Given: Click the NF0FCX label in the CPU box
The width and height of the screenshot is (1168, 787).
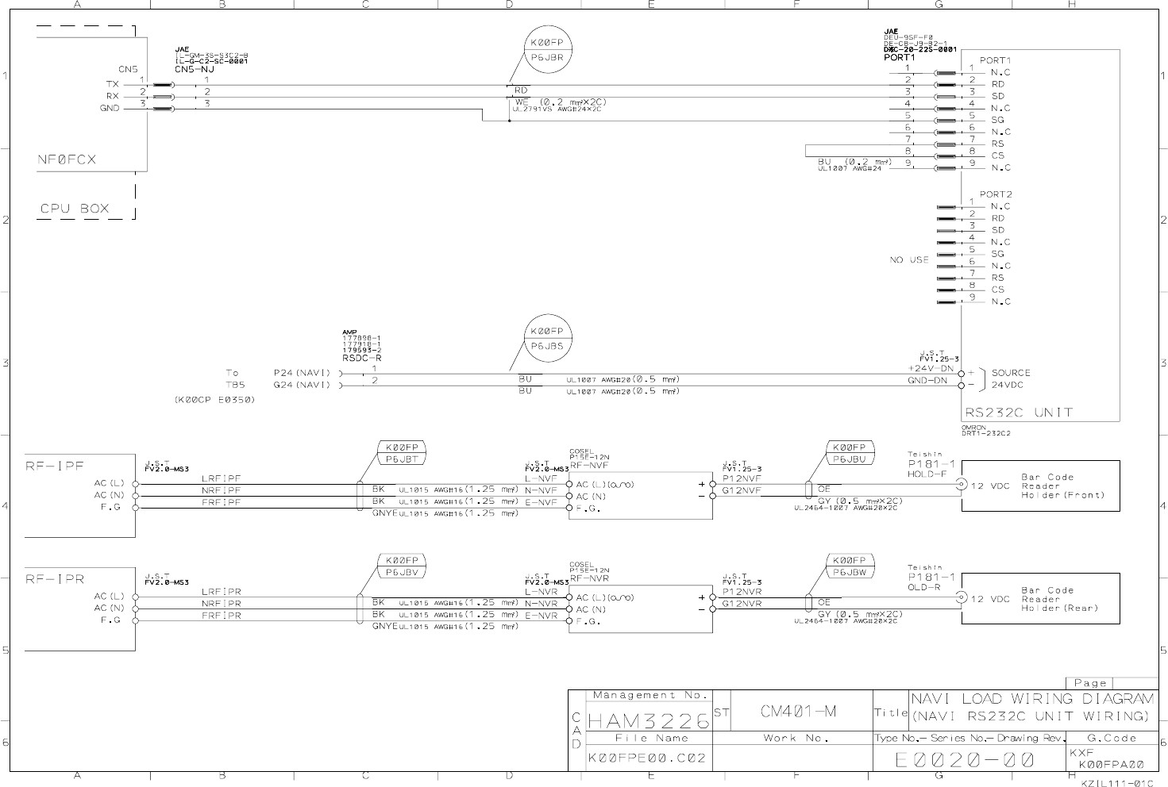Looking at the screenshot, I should coord(67,159).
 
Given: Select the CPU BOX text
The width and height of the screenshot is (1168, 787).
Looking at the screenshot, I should coord(75,209).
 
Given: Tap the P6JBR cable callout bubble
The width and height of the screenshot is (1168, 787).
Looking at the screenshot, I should coord(547,49).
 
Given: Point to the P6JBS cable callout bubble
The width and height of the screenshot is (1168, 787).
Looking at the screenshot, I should coord(547,338).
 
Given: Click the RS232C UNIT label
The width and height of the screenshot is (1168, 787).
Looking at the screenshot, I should coord(1018,413).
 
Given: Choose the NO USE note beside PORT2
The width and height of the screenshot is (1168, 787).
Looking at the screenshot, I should coord(908,259).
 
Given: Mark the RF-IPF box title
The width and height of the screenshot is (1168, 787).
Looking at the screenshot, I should coord(55,466).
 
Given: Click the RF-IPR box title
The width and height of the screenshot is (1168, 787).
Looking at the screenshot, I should coord(55,579).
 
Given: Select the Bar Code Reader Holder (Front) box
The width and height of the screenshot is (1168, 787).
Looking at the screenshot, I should coord(1040,486).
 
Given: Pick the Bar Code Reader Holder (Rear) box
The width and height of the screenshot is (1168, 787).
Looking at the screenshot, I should coord(1040,600).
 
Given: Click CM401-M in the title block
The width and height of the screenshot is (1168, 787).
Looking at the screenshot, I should coord(798,712).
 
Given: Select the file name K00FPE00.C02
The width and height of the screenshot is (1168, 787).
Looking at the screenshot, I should coord(646,758).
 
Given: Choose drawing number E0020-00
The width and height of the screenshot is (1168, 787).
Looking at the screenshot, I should coord(965,760).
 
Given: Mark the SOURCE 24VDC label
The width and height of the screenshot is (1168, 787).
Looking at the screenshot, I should coord(1010,378).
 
